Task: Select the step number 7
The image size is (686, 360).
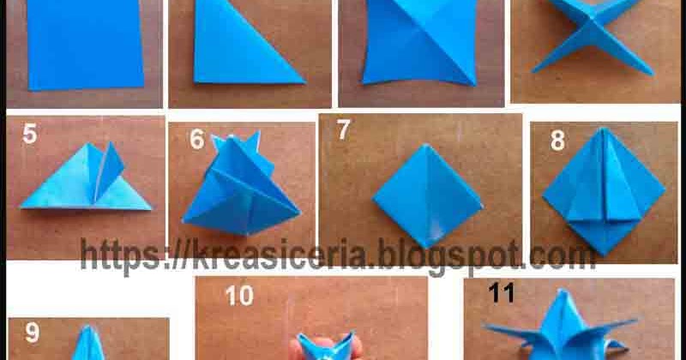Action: [343, 130]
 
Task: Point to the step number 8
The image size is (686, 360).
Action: [557, 141]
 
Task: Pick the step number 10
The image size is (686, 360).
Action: [240, 296]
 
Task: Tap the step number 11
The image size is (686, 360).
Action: [501, 293]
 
